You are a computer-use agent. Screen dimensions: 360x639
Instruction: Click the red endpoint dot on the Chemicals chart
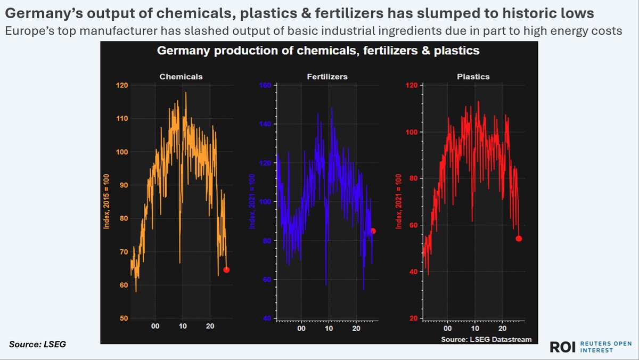pos(226,269)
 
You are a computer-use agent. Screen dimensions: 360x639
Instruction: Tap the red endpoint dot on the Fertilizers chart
pos(373,231)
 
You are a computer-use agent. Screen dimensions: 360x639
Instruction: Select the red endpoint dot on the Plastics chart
pos(519,239)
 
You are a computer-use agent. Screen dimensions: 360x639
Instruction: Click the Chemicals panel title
pos(181,77)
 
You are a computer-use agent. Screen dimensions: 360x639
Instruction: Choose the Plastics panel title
pos(473,77)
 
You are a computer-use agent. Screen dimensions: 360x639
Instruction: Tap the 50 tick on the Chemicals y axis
pos(122,318)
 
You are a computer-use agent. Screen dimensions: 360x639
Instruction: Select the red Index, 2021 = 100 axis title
pos(397,203)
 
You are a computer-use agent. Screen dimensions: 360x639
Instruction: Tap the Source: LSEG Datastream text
pos(486,339)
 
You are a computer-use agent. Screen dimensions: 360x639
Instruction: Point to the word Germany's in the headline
pos(38,12)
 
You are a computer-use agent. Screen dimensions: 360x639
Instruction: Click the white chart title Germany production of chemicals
pos(318,51)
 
